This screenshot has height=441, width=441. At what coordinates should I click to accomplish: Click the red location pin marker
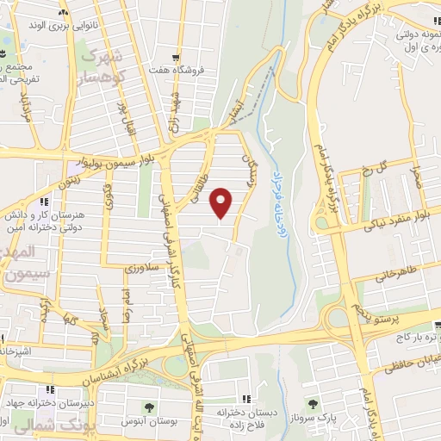tap(222, 202)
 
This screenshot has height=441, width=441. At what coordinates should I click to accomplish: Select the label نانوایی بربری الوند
tap(63, 27)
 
